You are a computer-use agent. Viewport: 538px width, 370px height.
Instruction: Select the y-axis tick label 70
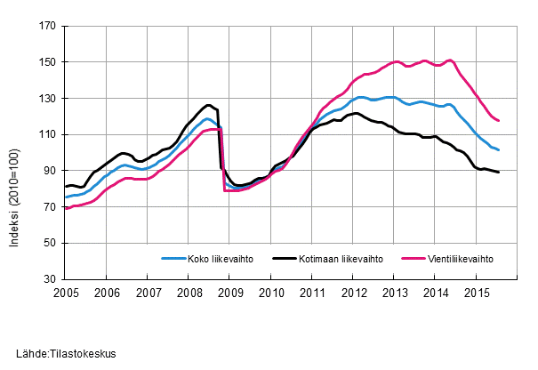click(50, 207)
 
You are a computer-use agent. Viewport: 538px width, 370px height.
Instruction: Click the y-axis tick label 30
click(50, 279)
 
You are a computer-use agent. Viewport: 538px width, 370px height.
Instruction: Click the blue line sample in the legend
click(172, 259)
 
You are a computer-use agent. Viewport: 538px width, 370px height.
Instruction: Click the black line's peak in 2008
click(208, 105)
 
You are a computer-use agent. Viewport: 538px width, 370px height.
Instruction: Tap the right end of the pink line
click(499, 120)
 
